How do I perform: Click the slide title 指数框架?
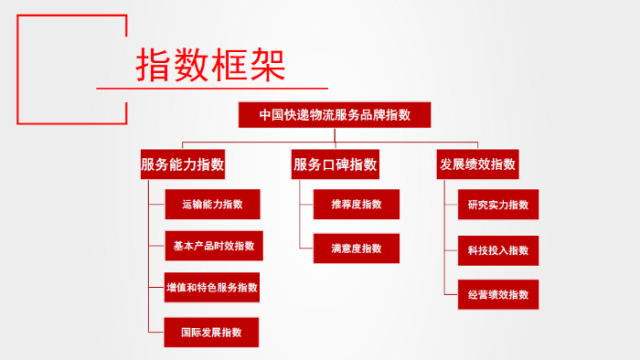[x=210, y=63]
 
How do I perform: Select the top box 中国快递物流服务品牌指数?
[x=334, y=115]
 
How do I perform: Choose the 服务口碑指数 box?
[x=335, y=164]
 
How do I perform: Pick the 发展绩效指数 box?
[x=478, y=164]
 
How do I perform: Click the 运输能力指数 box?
[x=212, y=205]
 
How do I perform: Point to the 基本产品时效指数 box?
[x=212, y=246]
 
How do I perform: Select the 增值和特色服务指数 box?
[x=212, y=288]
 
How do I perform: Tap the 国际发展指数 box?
[x=211, y=332]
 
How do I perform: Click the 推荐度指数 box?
[x=357, y=205]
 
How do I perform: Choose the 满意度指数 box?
[x=357, y=249]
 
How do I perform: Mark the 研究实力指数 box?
[x=497, y=205]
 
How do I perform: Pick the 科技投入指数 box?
[x=497, y=249]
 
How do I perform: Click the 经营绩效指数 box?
[x=497, y=295]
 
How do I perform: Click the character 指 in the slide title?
[x=155, y=63]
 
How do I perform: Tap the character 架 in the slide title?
[x=266, y=63]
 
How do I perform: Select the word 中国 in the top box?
[x=270, y=115]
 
